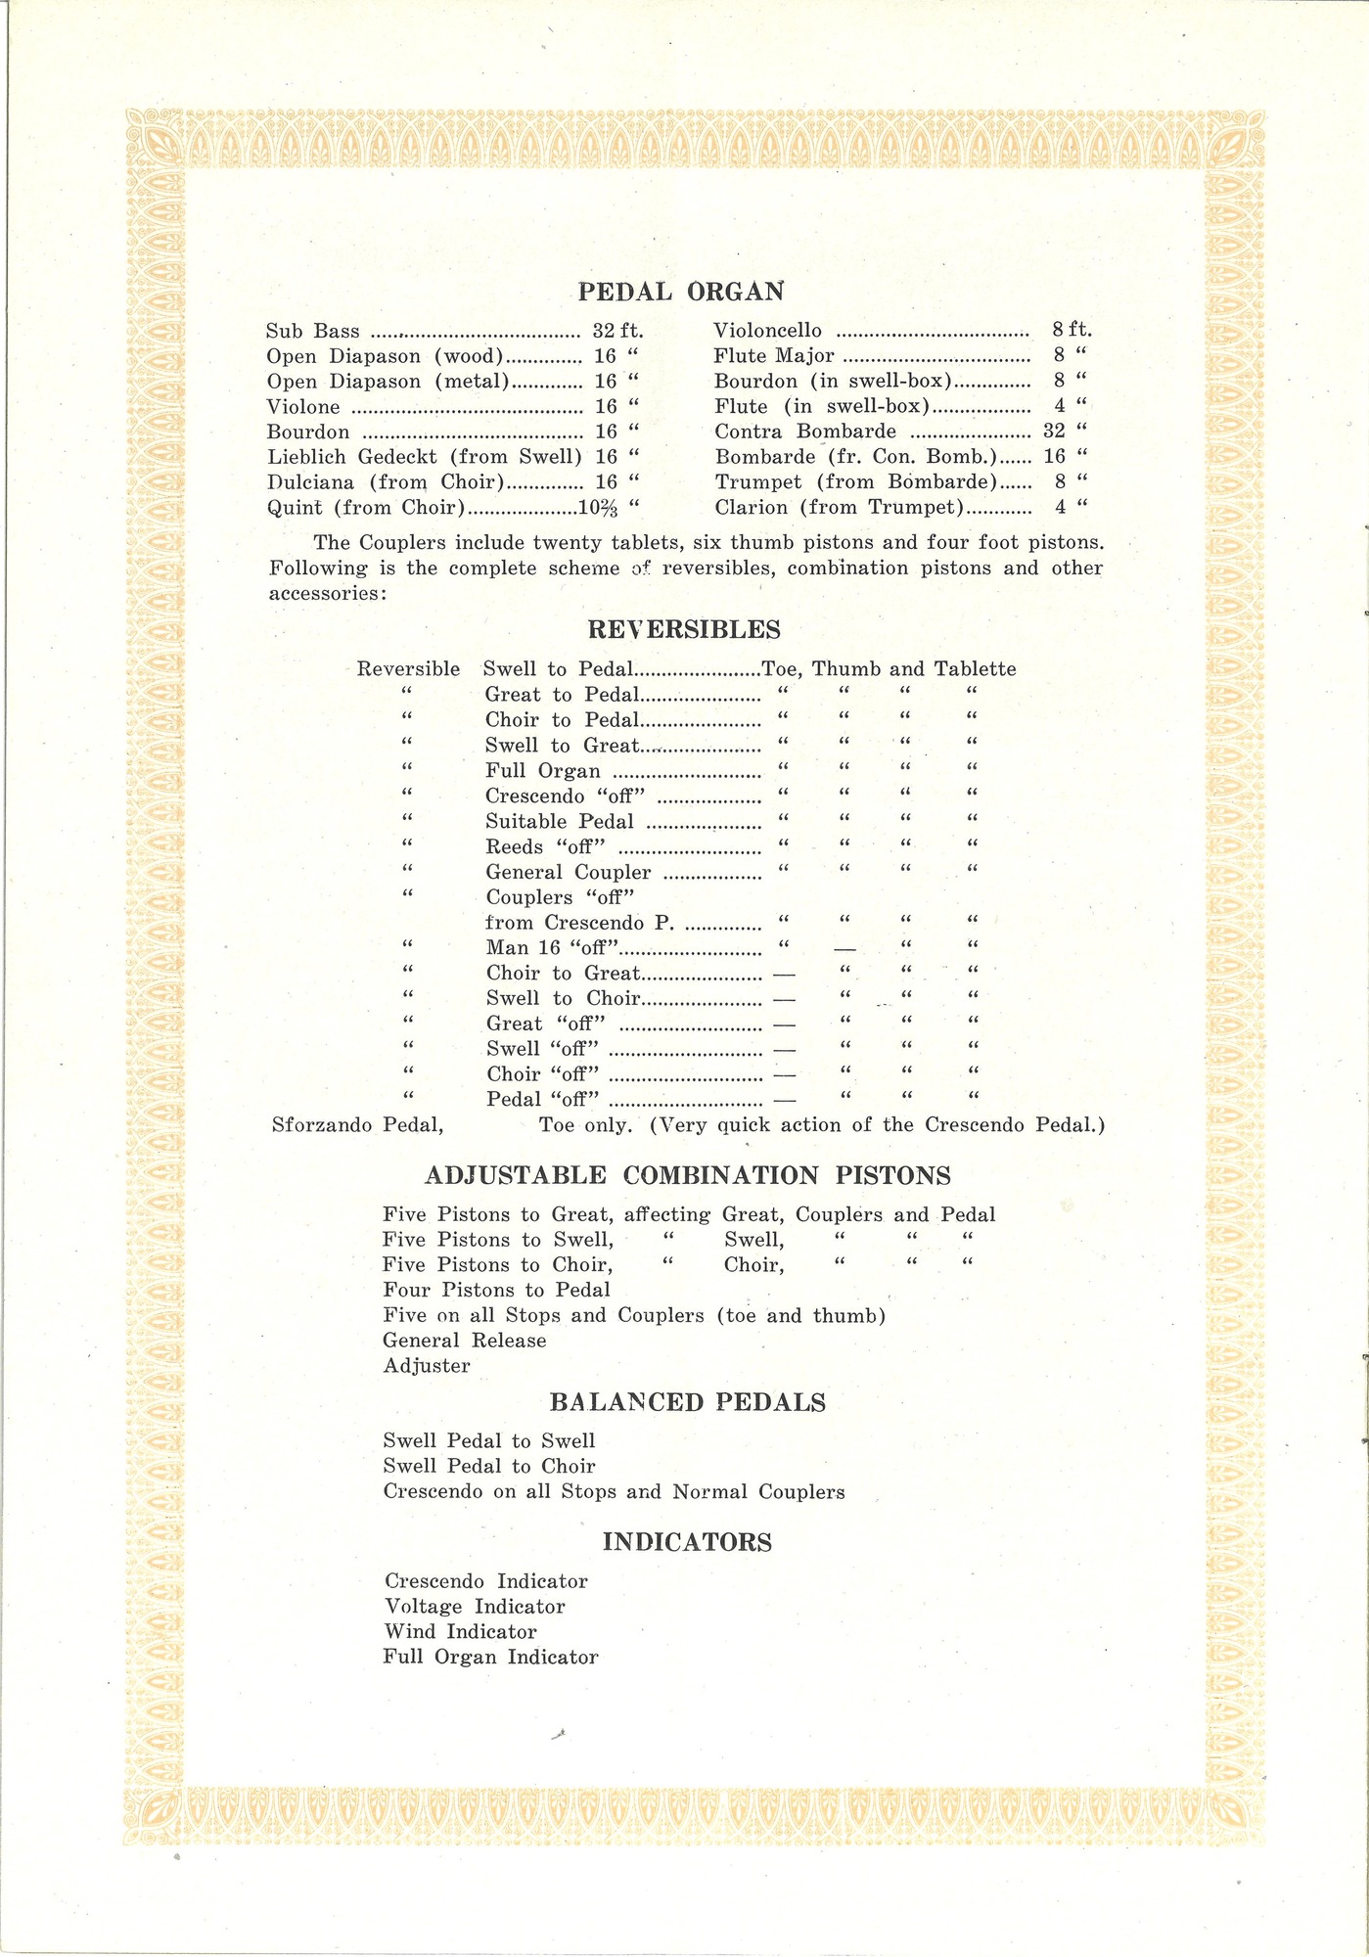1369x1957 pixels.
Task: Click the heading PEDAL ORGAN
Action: click(681, 292)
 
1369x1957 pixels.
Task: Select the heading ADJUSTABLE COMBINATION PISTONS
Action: click(687, 1175)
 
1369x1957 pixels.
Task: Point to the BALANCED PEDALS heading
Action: click(687, 1402)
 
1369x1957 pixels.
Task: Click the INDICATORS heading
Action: click(687, 1542)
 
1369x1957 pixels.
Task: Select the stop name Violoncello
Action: click(768, 332)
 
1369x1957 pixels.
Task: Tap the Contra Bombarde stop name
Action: click(805, 432)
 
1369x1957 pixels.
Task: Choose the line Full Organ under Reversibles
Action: click(542, 771)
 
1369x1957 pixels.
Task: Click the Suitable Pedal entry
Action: click(559, 822)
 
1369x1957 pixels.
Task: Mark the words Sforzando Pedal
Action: click(357, 1125)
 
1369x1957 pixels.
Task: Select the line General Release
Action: click(465, 1341)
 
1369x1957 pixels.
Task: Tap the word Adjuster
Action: click(427, 1366)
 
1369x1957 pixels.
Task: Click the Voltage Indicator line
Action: click(475, 1607)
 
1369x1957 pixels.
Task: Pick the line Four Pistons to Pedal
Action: click(496, 1291)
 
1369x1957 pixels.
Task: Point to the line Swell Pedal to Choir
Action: click(489, 1467)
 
